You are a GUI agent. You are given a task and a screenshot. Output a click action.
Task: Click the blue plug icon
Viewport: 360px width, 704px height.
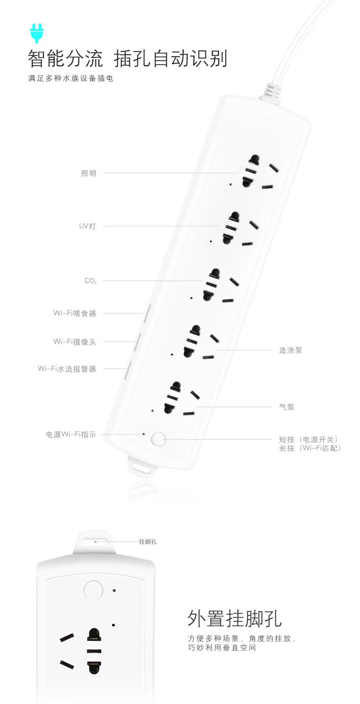(37, 33)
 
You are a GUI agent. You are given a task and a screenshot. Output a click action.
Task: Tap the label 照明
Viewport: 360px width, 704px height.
(89, 173)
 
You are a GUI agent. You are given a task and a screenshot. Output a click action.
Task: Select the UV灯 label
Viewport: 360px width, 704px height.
(88, 226)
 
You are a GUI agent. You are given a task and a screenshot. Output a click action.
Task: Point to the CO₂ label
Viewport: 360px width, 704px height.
(90, 281)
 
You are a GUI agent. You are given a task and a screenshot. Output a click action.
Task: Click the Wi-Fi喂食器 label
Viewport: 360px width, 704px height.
(75, 313)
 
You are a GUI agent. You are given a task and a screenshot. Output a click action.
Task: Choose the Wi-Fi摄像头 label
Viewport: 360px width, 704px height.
(75, 342)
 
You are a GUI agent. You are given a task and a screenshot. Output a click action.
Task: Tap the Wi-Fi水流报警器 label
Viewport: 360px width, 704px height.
(67, 369)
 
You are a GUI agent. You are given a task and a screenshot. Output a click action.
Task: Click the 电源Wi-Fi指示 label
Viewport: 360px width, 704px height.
(71, 434)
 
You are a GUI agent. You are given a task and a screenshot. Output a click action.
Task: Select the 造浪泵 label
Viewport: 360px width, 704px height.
(290, 351)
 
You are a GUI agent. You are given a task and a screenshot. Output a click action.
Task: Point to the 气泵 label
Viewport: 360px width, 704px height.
(287, 407)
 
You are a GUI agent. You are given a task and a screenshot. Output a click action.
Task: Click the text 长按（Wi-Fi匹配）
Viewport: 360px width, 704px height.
(310, 448)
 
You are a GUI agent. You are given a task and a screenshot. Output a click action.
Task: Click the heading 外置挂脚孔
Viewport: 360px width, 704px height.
(235, 619)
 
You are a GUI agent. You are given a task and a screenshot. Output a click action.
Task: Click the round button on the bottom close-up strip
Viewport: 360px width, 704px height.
(93, 590)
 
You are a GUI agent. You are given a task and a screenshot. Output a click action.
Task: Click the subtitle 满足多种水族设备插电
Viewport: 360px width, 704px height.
(71, 78)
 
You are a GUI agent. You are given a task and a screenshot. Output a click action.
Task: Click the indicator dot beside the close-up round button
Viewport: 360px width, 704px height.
(114, 590)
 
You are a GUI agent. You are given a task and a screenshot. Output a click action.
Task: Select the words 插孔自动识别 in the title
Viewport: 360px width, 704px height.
(170, 59)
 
